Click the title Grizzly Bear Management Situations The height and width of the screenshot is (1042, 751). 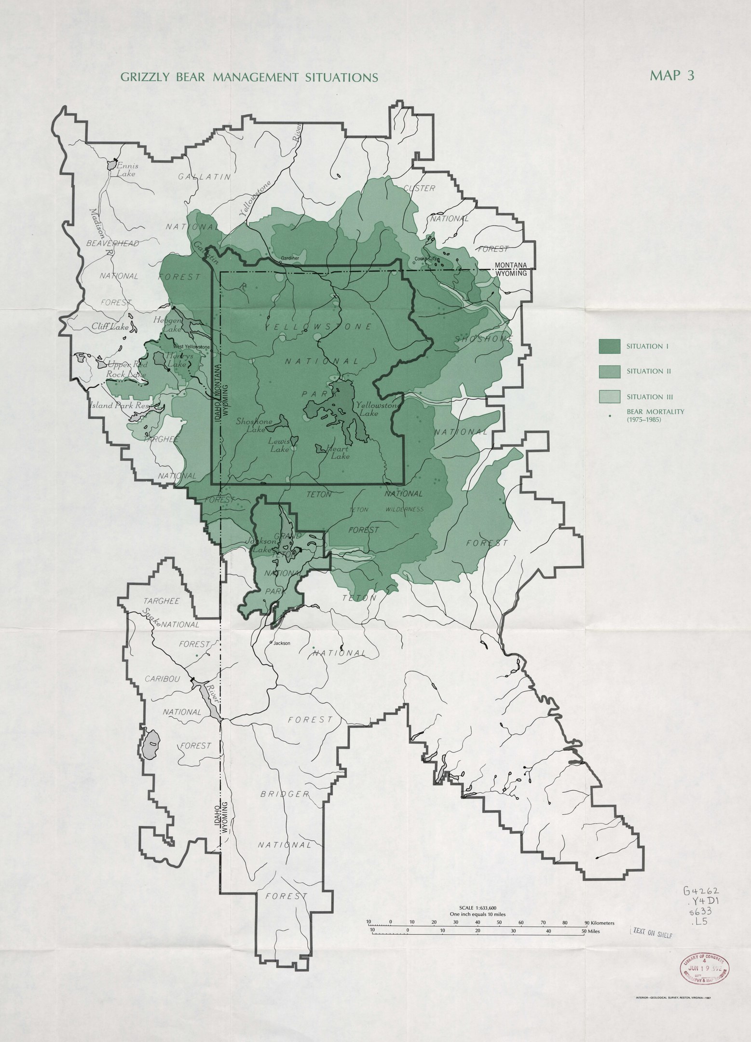tap(249, 77)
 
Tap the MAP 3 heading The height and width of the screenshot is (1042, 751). tap(671, 75)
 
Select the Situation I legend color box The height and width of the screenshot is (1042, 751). tap(609, 346)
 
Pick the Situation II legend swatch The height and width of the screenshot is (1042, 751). tap(609, 371)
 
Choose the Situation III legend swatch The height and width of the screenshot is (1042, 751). tap(609, 397)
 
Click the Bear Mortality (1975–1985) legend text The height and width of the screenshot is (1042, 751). tap(655, 415)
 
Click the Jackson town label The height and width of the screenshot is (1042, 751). tap(282, 643)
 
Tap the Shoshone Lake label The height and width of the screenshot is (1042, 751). tap(254, 425)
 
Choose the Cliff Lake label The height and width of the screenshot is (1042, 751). tap(110, 327)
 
